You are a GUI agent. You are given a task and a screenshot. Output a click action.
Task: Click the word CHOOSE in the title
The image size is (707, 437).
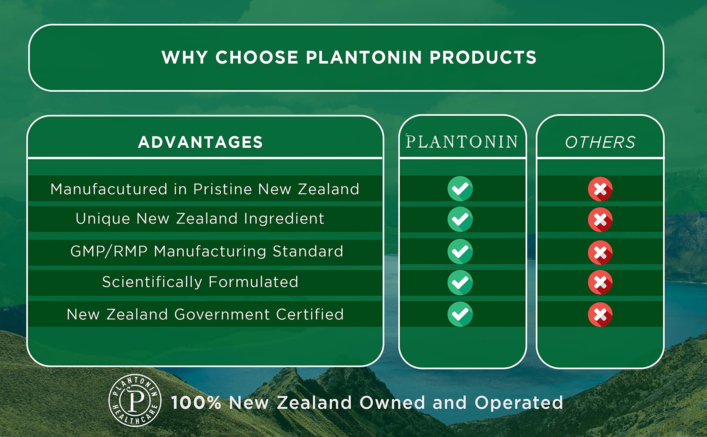[x=257, y=57]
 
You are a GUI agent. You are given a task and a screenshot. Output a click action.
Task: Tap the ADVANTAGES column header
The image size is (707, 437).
[x=200, y=142]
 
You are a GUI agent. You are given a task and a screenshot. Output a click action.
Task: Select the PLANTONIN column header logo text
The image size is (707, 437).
[x=462, y=142]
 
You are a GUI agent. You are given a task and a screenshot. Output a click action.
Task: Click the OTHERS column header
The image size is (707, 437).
[x=600, y=142]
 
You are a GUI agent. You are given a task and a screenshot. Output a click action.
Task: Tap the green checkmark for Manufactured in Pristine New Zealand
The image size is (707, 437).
[x=460, y=189]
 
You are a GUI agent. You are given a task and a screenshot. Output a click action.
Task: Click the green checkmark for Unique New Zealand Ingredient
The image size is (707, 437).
[x=460, y=219]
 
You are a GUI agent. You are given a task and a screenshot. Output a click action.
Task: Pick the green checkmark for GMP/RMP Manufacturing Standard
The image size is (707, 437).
[x=460, y=251]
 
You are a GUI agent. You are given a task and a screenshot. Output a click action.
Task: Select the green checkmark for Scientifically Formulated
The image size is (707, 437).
[x=460, y=283]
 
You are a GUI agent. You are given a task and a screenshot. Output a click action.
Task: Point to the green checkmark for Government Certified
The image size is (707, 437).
[x=460, y=314]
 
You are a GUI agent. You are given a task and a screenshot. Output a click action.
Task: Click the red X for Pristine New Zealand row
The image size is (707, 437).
[x=600, y=189]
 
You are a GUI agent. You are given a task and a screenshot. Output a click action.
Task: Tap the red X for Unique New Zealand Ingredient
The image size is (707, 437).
[x=600, y=220]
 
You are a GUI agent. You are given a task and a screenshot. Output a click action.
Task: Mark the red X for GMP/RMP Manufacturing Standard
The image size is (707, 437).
[x=600, y=252]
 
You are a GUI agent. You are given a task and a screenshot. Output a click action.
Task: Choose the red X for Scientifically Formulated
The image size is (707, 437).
[x=600, y=283]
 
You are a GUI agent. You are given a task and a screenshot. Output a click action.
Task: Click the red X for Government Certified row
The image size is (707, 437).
[x=600, y=315]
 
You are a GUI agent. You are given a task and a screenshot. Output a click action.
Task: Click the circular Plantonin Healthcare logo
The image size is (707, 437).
[x=135, y=400]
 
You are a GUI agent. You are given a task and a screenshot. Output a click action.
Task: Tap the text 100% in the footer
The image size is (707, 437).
[x=196, y=403]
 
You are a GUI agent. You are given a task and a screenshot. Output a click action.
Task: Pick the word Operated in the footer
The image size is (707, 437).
[x=519, y=403]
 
